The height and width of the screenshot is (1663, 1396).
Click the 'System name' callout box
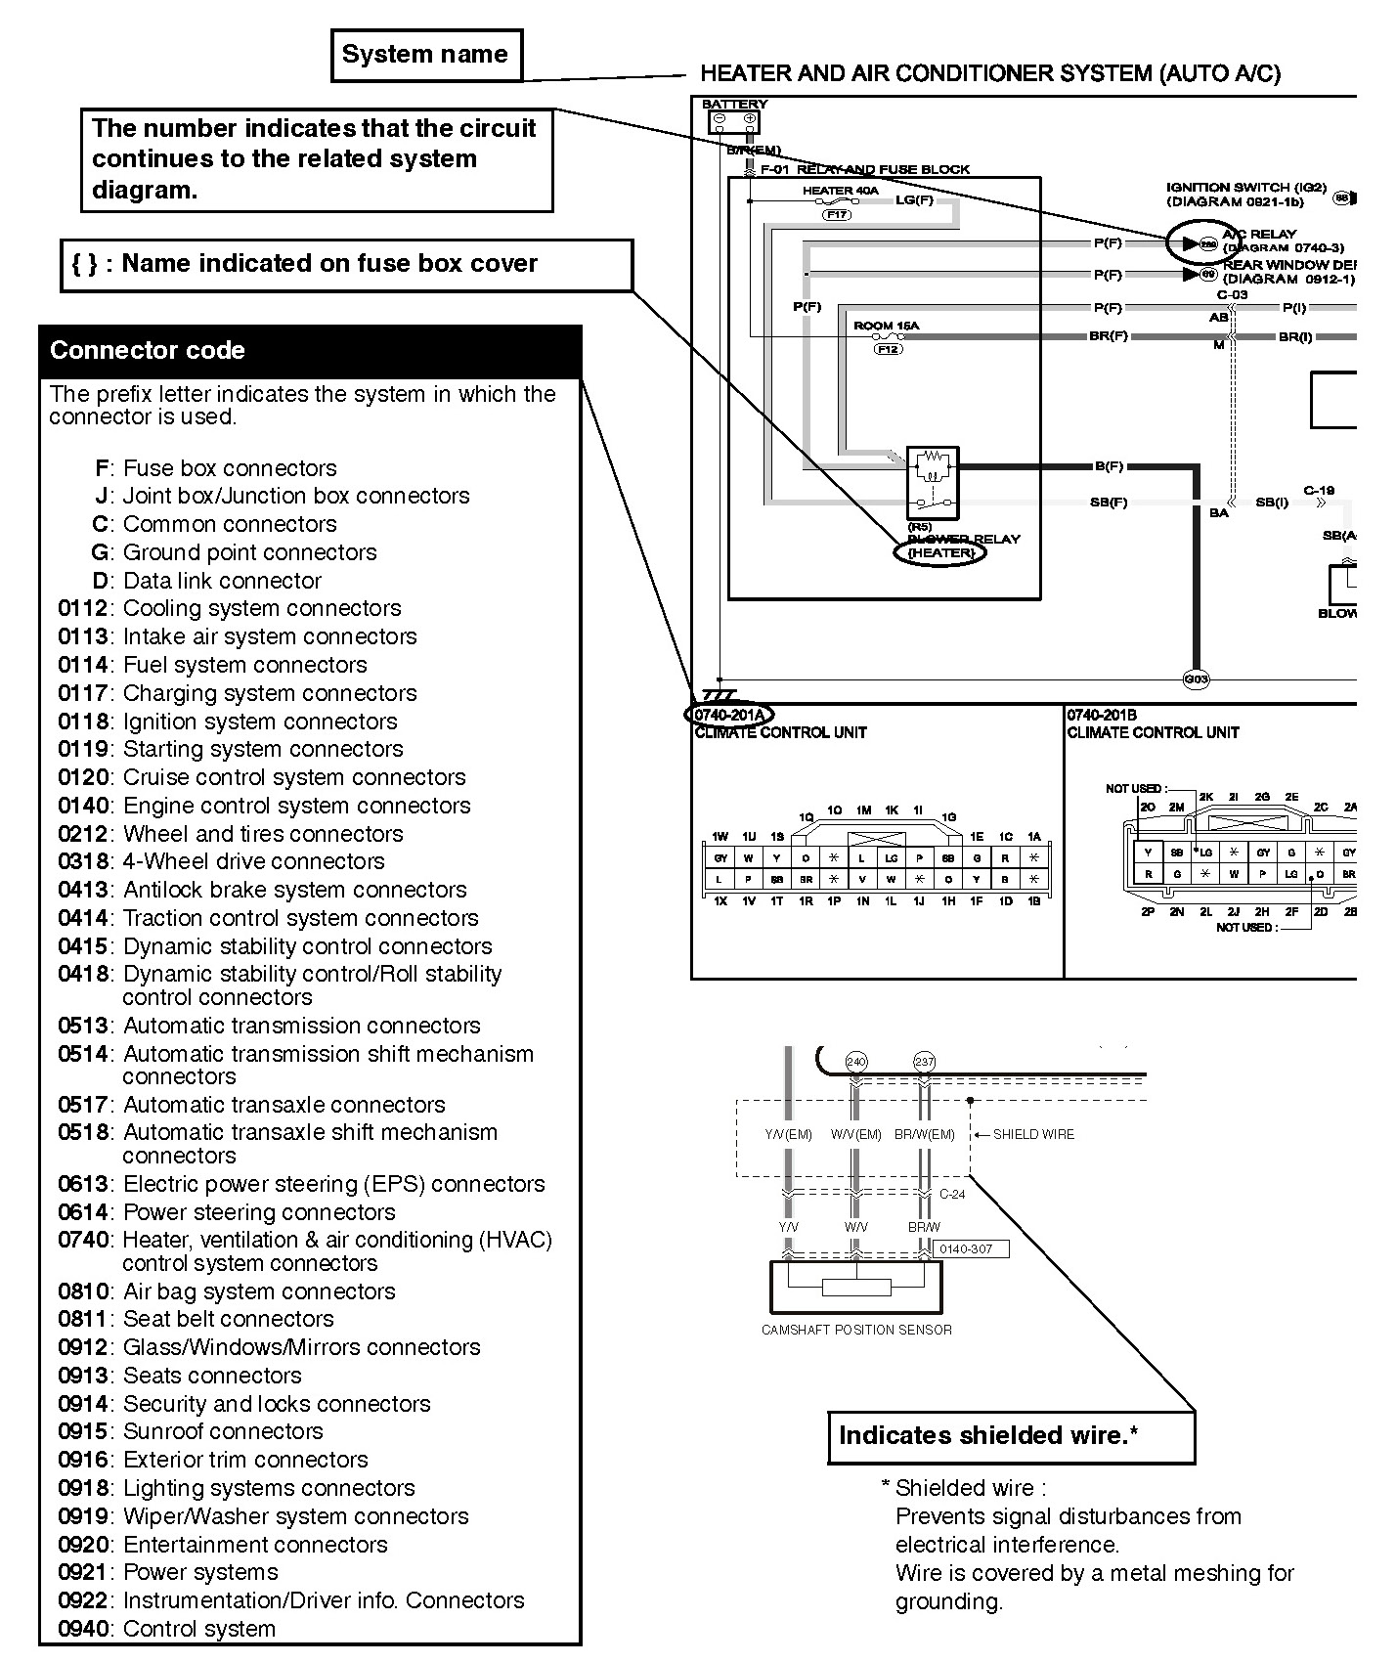(426, 55)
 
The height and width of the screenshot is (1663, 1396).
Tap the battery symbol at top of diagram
(733, 121)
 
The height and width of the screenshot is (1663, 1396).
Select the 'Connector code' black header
(310, 351)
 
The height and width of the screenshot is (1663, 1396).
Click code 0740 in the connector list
(84, 1240)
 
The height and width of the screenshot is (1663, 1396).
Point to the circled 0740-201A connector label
(728, 715)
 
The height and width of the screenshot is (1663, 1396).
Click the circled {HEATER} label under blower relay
(940, 552)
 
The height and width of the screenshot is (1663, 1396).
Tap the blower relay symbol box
(932, 482)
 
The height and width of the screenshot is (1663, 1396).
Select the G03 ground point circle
(1196, 678)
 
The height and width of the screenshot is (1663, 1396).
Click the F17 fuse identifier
(837, 214)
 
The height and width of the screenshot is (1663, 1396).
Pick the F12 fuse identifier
(889, 349)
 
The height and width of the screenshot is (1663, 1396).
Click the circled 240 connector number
(856, 1062)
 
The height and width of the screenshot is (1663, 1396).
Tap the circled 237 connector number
(924, 1062)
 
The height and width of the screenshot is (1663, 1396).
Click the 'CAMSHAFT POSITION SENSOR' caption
(856, 1330)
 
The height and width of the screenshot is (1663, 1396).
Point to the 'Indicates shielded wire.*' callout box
(1011, 1436)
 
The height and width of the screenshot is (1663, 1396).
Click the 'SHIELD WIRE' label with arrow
(1032, 1134)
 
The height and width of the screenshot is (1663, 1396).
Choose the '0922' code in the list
(84, 1600)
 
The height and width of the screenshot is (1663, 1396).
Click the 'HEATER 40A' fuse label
(840, 191)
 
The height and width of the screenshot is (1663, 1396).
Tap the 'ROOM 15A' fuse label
(886, 326)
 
